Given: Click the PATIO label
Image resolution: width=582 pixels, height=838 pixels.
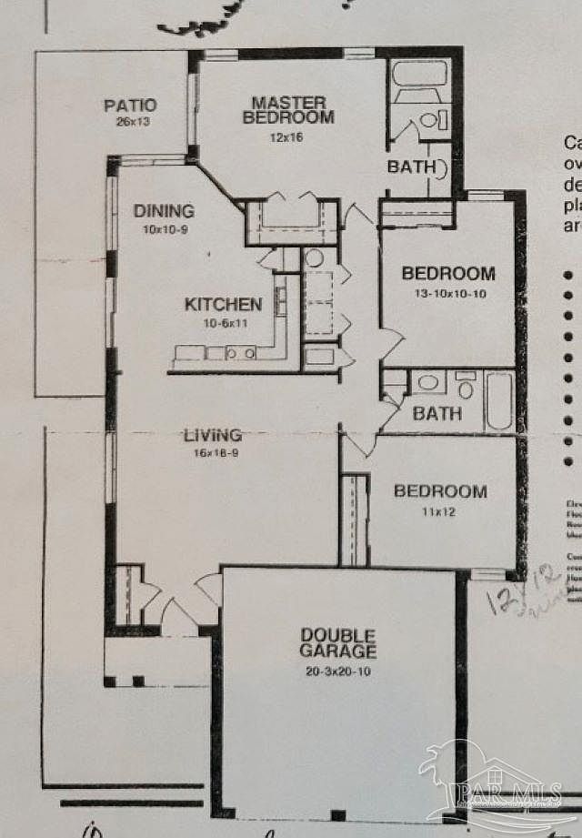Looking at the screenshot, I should (130, 106).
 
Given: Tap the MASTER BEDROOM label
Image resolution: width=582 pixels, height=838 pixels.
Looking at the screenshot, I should (288, 109).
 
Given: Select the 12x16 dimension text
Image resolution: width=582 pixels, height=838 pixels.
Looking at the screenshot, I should (285, 137).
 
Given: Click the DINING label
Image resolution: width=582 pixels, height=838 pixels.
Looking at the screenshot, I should (164, 211).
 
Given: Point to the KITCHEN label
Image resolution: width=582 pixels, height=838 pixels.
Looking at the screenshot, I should (224, 304).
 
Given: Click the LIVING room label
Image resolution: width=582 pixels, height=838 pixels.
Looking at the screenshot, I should (214, 435).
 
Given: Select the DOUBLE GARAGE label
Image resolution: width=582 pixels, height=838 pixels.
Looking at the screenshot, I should (338, 642).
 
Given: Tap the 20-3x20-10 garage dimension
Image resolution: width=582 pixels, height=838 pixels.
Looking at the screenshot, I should (337, 672).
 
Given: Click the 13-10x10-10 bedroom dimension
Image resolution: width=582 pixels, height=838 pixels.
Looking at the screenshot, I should (448, 294).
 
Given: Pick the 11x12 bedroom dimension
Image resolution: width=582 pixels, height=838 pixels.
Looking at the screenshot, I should (439, 511).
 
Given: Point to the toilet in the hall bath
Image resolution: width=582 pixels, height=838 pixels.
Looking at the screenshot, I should (466, 387).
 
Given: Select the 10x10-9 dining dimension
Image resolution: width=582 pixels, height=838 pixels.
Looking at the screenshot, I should (165, 229).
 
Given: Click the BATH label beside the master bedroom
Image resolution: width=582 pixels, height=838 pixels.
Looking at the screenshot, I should (411, 167).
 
